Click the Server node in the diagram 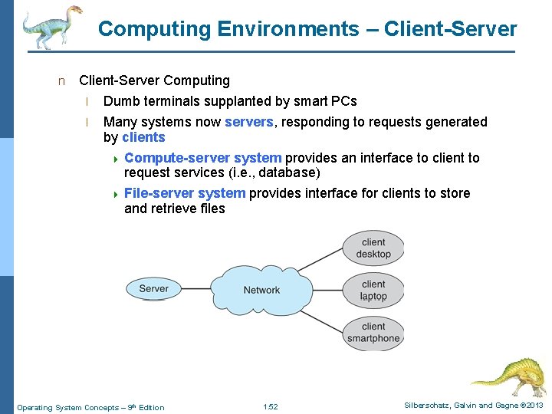pyautogui.click(x=154, y=289)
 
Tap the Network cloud pyautogui.click(x=261, y=290)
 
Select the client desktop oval pyautogui.click(x=373, y=248)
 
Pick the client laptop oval pyautogui.click(x=373, y=291)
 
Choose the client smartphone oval pyautogui.click(x=373, y=332)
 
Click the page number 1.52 pyautogui.click(x=270, y=407)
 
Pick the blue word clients pyautogui.click(x=143, y=137)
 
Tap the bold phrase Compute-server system pyautogui.click(x=202, y=158)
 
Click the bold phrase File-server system pyautogui.click(x=184, y=193)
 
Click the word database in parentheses pyautogui.click(x=287, y=172)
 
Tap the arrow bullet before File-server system pyautogui.click(x=115, y=194)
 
